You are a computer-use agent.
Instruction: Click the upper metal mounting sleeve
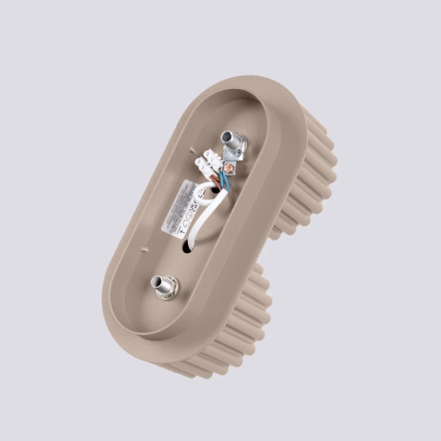(x=232, y=143)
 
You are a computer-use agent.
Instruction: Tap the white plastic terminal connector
(x=208, y=168)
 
